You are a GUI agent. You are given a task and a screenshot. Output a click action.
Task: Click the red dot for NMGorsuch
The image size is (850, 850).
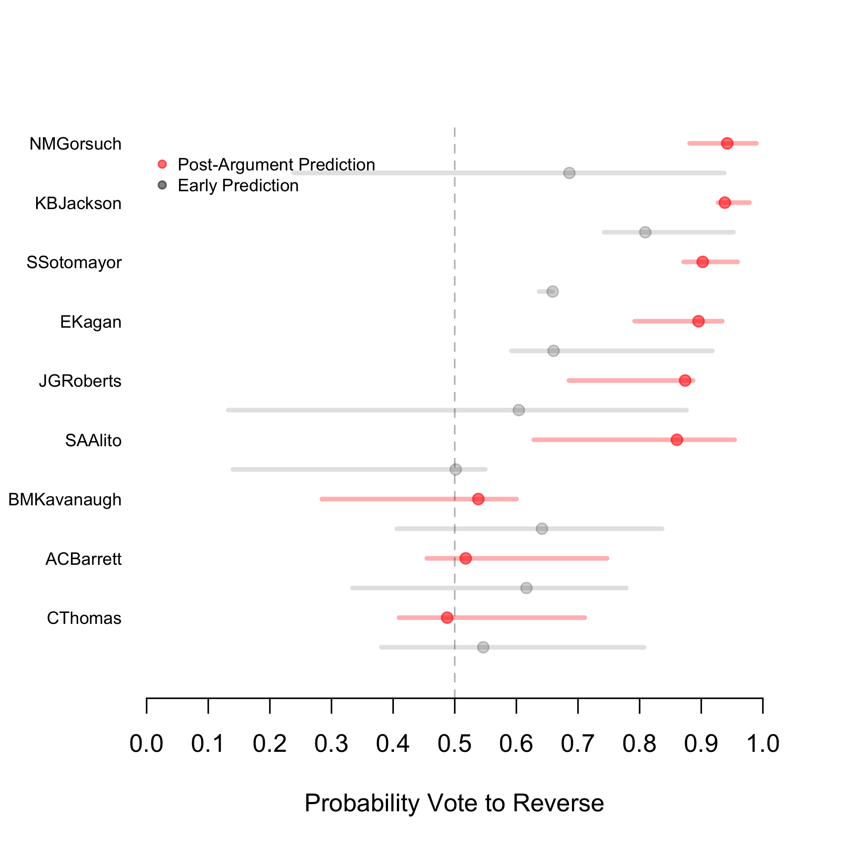[x=727, y=143]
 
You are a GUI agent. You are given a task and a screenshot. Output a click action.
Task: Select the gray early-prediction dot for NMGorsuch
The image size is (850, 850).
[x=569, y=173]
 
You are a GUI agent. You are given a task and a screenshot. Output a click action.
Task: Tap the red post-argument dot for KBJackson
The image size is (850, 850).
[x=725, y=203]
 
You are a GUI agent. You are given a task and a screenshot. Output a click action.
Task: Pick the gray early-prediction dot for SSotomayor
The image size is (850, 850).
[x=552, y=292]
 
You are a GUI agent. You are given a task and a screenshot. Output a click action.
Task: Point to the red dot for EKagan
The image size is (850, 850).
[x=698, y=321]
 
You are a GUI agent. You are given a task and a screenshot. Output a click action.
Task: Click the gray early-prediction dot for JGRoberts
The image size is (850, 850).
[x=518, y=410]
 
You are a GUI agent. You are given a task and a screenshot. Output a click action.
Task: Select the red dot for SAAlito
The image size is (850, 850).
[x=677, y=439]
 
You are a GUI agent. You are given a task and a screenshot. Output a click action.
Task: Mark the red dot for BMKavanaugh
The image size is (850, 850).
[x=478, y=499]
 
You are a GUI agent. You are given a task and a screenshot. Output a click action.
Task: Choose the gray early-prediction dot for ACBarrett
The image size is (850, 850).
[x=526, y=588]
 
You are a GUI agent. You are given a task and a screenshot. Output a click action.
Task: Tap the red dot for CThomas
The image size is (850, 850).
[x=447, y=618]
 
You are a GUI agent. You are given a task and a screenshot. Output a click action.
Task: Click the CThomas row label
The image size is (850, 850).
[x=84, y=618]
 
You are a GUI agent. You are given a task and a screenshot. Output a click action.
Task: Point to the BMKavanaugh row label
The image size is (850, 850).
[x=65, y=500]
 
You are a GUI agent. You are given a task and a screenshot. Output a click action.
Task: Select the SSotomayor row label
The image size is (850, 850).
[x=74, y=263]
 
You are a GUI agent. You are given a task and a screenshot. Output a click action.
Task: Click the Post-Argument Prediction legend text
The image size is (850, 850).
[x=276, y=164]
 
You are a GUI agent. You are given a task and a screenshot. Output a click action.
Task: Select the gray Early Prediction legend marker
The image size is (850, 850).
[x=162, y=185]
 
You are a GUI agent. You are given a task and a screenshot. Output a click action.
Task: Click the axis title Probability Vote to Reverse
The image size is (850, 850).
[x=454, y=803]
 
